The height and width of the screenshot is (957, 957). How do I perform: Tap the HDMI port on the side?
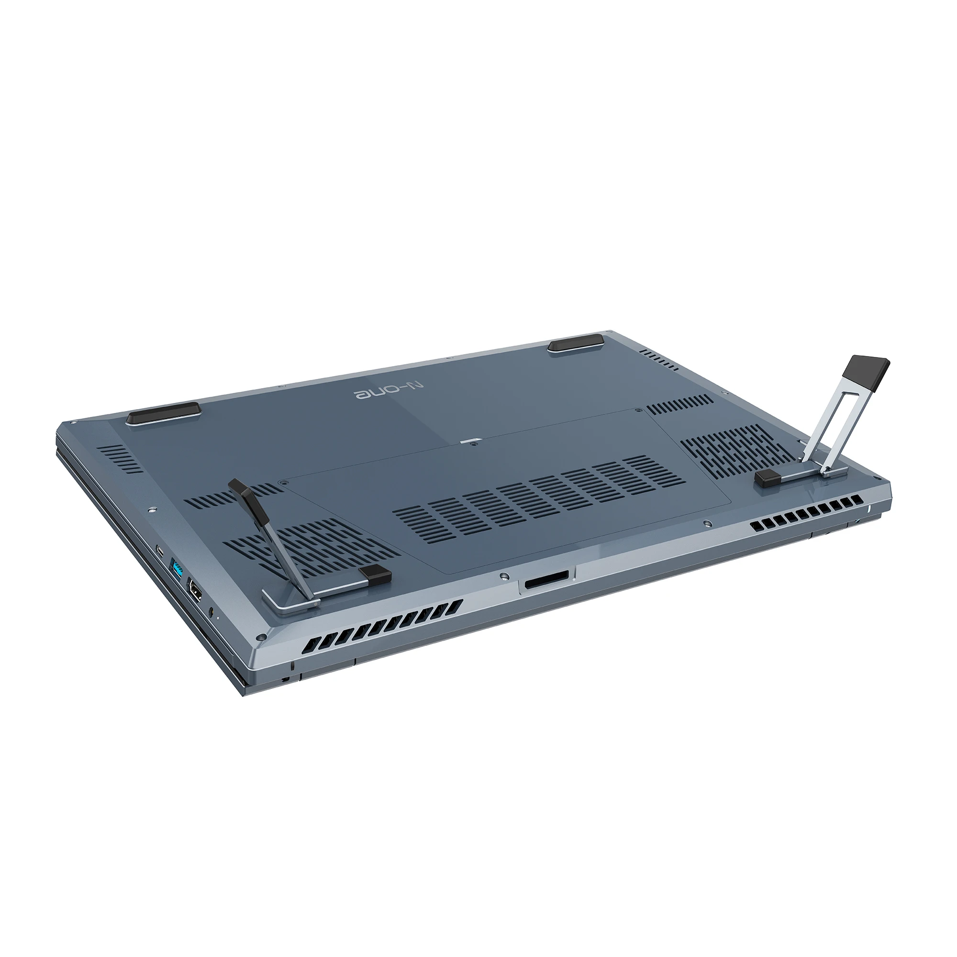pyautogui.click(x=195, y=592)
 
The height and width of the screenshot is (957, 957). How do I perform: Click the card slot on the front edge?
pyautogui.click(x=547, y=581)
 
